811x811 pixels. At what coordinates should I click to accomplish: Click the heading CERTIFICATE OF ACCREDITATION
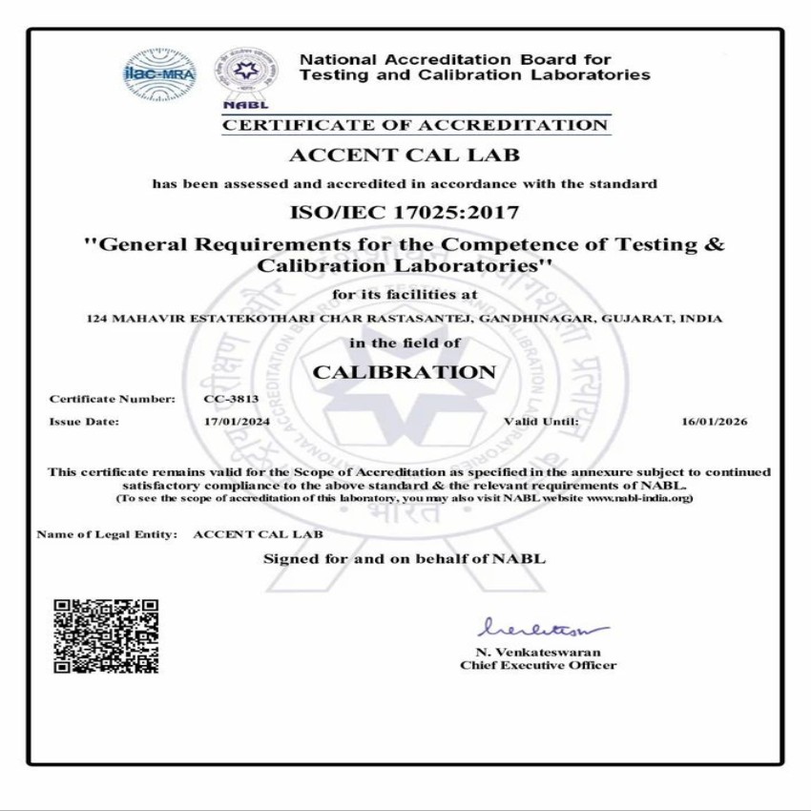tap(415, 125)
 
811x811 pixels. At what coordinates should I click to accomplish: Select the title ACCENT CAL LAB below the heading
tap(404, 155)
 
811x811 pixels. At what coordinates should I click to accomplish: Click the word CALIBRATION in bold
tap(404, 371)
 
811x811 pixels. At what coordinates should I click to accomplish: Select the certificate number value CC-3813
tap(226, 399)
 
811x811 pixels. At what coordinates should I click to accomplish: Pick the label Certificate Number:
tap(113, 399)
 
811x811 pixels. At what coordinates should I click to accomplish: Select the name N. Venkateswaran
tap(538, 653)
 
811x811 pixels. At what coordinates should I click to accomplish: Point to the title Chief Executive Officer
tap(538, 666)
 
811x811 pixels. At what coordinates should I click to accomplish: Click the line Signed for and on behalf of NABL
tap(404, 559)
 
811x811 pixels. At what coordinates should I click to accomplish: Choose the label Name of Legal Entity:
tap(107, 535)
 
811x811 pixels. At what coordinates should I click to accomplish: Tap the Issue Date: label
tap(84, 421)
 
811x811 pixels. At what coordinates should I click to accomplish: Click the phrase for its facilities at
tap(404, 294)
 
